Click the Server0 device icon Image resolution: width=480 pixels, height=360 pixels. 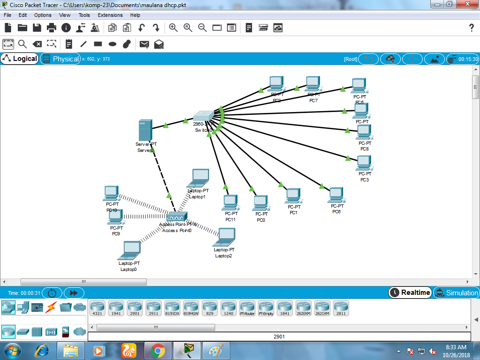click(x=145, y=130)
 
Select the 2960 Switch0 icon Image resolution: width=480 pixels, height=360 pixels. click(x=203, y=116)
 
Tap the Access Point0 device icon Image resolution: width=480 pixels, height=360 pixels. click(x=177, y=217)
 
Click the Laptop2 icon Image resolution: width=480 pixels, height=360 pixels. click(x=225, y=237)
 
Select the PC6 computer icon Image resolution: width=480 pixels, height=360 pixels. click(x=336, y=195)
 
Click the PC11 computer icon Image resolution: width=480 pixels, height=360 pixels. click(x=230, y=202)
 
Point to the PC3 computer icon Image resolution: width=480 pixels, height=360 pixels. click(x=364, y=163)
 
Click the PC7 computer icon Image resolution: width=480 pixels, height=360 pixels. click(x=313, y=84)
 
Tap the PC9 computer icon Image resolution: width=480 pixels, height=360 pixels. click(x=115, y=217)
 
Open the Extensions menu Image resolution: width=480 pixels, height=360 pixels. click(x=110, y=15)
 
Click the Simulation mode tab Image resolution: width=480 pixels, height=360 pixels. click(x=457, y=292)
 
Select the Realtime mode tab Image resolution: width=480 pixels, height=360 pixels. click(x=410, y=292)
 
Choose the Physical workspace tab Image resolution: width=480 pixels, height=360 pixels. click(x=60, y=59)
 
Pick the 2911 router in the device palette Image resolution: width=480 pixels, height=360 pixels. click(x=154, y=307)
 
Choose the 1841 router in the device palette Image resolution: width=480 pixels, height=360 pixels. click(x=285, y=307)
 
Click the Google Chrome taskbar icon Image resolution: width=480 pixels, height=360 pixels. click(x=157, y=350)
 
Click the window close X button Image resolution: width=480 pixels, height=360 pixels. click(x=467, y=4)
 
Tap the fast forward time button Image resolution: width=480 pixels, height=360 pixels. click(x=74, y=292)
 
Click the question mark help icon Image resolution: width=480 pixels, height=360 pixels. click(x=472, y=28)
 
